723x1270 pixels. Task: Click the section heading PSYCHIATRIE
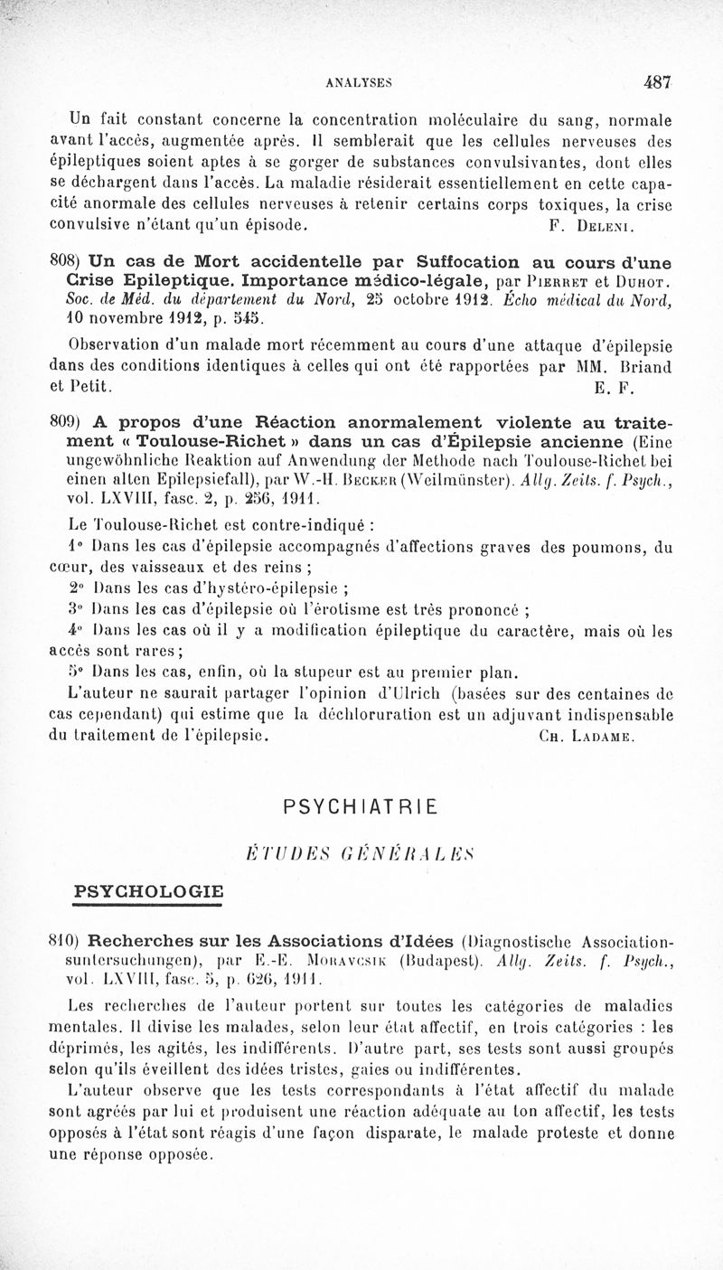click(x=360, y=807)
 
